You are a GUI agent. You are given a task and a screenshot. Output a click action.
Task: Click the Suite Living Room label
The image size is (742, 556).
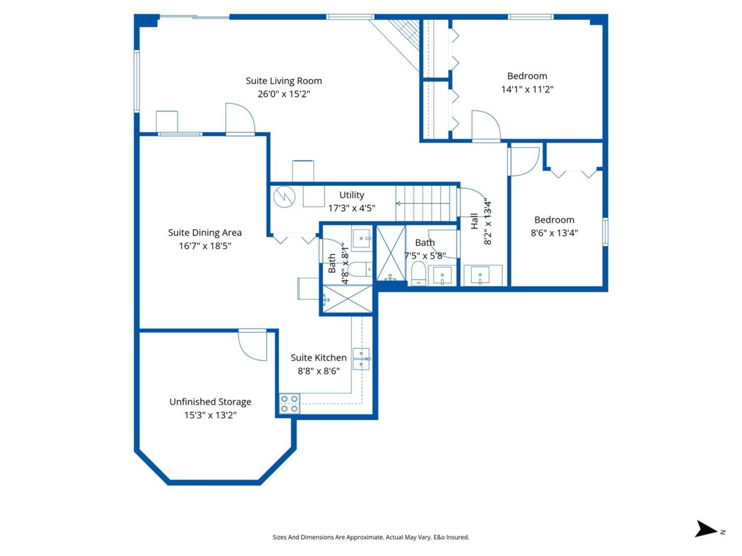coord(284,81)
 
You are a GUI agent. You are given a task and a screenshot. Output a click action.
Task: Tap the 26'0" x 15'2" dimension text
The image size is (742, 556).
coord(284,95)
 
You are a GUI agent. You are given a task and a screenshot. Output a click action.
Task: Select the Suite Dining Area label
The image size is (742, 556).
coord(205,233)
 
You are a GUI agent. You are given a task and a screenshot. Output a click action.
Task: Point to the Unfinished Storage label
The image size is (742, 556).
coord(210,402)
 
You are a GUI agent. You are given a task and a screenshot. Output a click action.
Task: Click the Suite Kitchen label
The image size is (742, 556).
coord(318,358)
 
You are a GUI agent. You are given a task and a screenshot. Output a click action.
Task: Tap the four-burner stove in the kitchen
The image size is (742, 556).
coord(289,403)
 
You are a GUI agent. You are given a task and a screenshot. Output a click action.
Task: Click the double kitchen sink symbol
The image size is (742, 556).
coord(361,358)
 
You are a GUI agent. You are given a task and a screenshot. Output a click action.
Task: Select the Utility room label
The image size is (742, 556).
coord(351,195)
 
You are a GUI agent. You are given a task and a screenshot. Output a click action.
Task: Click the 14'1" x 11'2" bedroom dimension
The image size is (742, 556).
coord(527,90)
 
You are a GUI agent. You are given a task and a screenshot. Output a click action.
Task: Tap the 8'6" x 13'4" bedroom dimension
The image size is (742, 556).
coord(554,233)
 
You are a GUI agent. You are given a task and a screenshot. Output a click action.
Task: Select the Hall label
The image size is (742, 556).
coord(474,222)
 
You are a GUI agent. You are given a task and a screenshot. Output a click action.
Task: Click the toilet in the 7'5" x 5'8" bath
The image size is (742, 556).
coord(419,273)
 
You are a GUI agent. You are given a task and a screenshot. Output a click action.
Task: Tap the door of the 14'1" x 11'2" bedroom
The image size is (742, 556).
coord(485,127)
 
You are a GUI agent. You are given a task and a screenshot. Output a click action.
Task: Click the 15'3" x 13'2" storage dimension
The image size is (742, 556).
coord(210,415)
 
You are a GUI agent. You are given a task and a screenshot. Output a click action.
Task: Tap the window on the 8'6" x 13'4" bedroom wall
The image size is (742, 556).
coord(605,232)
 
